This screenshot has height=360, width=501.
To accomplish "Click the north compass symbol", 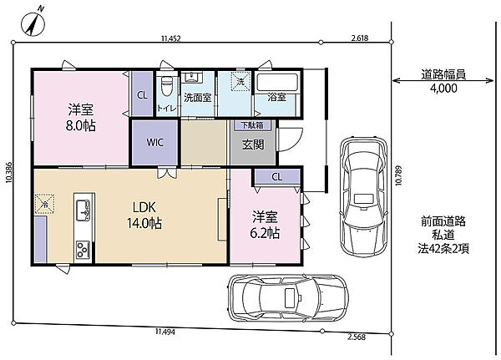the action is click(x=33, y=23).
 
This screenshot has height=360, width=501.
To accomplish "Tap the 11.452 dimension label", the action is click(x=171, y=38).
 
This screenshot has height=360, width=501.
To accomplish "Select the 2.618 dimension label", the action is click(x=360, y=38).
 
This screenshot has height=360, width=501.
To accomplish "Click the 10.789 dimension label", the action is click(x=398, y=175).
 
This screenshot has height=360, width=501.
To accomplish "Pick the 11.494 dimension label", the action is click(x=165, y=332).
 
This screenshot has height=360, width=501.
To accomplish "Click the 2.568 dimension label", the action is click(x=357, y=337).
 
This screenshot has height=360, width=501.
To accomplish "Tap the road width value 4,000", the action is click(x=443, y=89).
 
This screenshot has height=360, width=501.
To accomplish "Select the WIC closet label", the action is click(x=154, y=142).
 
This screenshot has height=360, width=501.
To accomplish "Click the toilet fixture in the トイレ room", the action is click(x=166, y=85).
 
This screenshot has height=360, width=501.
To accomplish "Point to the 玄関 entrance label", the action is click(x=253, y=145).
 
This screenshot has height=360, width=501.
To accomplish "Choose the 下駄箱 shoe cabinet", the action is click(x=252, y=124).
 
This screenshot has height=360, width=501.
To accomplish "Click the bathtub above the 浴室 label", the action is click(x=276, y=82).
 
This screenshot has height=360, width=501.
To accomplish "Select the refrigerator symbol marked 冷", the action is click(x=45, y=204).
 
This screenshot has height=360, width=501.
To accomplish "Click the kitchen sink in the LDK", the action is click(x=83, y=210).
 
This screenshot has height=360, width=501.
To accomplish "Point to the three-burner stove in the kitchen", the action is click(x=83, y=250).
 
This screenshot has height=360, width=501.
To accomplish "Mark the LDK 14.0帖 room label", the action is click(x=144, y=215).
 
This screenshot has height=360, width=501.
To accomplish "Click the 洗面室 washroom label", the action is click(x=197, y=98).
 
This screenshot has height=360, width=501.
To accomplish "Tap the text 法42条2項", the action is click(x=443, y=249).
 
